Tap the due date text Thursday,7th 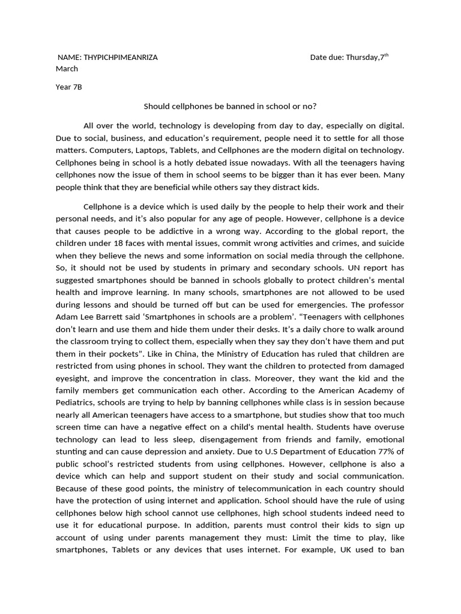pyautogui.click(x=366, y=58)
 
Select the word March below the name pyautogui.click(x=67, y=69)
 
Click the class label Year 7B pyautogui.click(x=68, y=87)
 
